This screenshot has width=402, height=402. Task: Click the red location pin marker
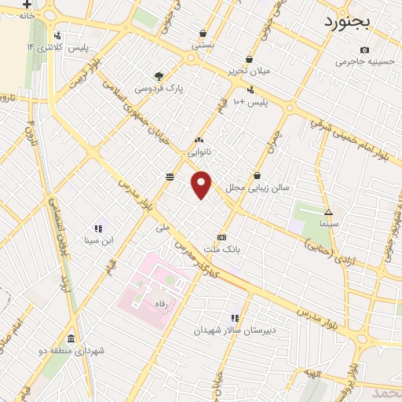pos(202,184)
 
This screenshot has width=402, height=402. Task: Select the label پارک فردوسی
pos(159,89)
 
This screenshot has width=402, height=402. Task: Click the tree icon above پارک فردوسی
pos(159,76)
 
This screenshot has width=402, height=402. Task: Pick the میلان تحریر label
pos(249,71)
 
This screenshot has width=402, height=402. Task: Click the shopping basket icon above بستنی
pos(203,33)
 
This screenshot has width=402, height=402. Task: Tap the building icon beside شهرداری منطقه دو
pos(71,339)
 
